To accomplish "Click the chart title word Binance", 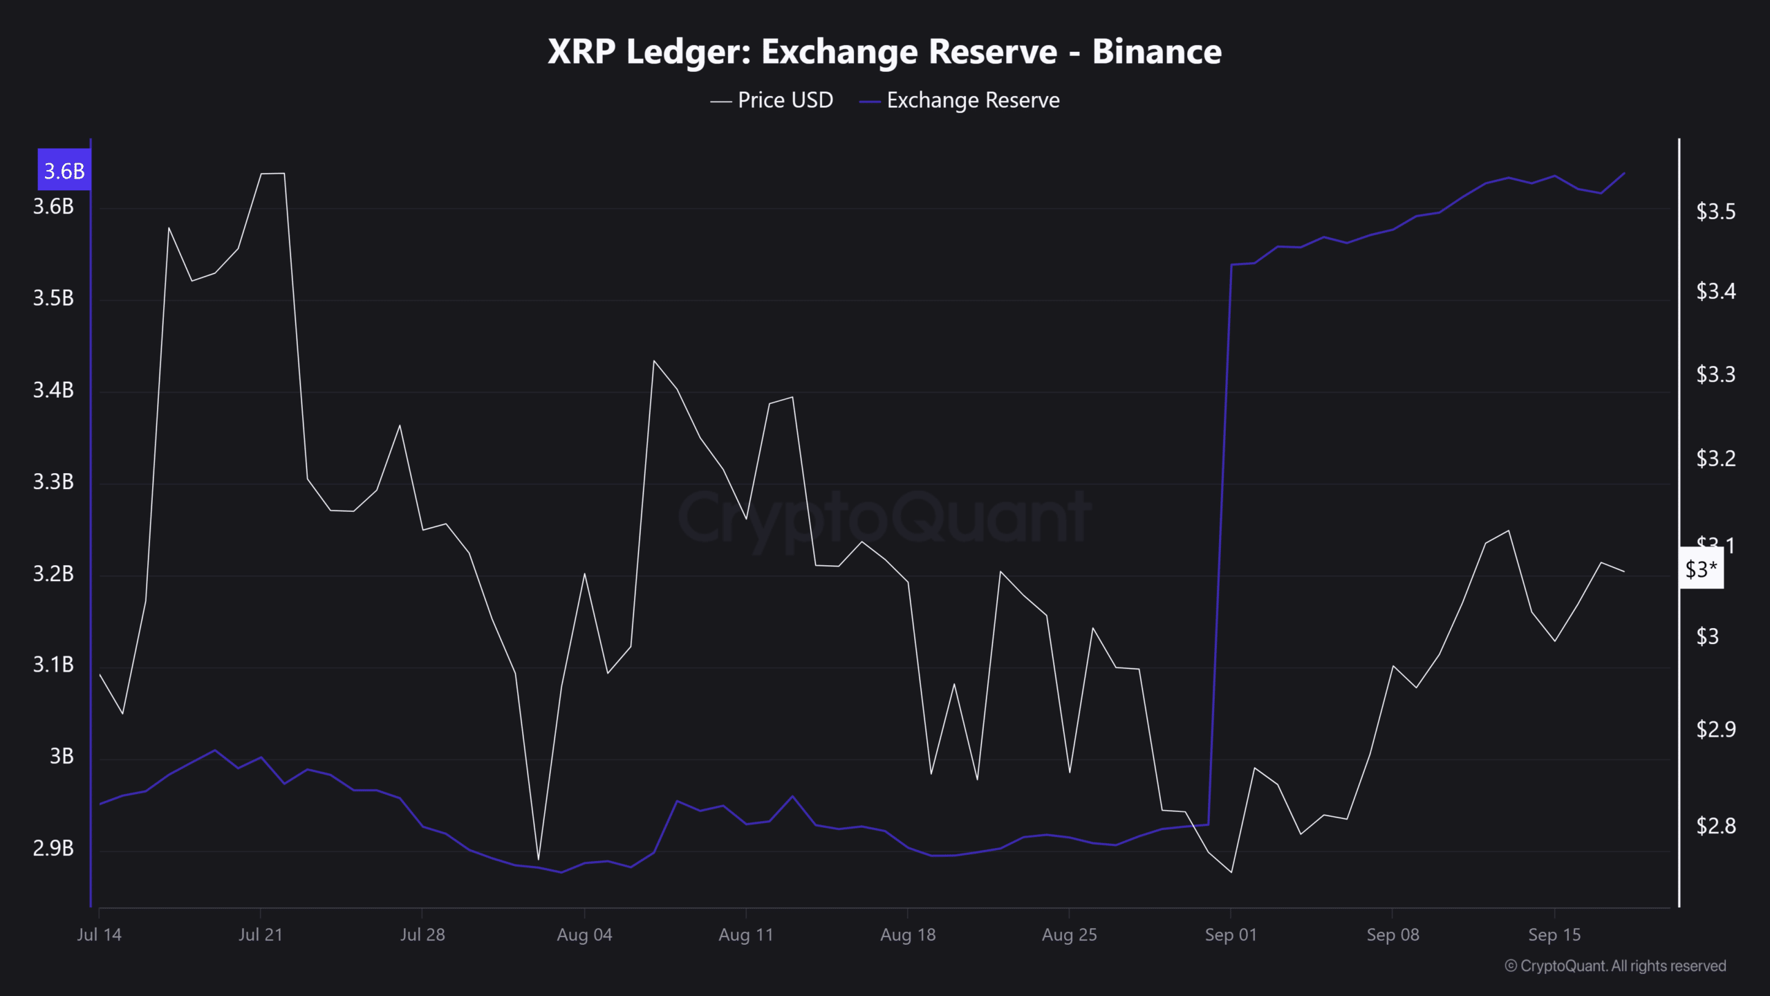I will point(1156,52).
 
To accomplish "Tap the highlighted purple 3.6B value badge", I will point(64,170).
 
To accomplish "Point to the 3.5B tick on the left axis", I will point(53,298).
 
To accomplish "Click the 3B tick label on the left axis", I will point(62,757).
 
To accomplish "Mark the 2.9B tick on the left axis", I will point(53,848).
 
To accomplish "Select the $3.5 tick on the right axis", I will point(1715,212).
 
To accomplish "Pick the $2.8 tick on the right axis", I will point(1715,826).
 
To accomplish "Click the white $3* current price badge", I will point(1701,570).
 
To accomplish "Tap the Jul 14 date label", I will point(99,935).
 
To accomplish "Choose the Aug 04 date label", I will point(584,935).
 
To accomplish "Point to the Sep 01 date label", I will point(1231,935).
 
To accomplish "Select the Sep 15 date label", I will point(1554,935).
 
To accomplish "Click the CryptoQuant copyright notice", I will point(1615,966).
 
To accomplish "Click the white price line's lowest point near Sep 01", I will point(1231,872).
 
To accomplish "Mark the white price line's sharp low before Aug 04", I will point(538,860).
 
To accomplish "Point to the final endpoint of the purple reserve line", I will point(1624,173).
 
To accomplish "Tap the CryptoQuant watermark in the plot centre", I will point(885,517).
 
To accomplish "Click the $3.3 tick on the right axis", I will point(1715,375).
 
